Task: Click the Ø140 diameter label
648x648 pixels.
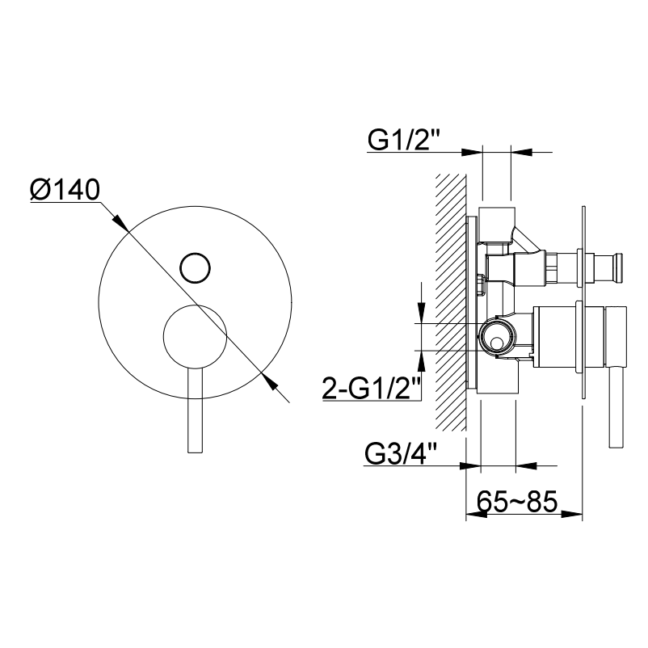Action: click(65, 190)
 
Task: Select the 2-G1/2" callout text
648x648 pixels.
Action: click(371, 388)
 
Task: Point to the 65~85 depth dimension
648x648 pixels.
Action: click(517, 501)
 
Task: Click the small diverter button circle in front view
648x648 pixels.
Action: click(195, 267)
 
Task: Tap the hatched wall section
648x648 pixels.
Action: click(451, 302)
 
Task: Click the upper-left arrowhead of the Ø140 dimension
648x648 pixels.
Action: click(120, 222)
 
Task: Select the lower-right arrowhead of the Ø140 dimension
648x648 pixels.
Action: click(269, 381)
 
